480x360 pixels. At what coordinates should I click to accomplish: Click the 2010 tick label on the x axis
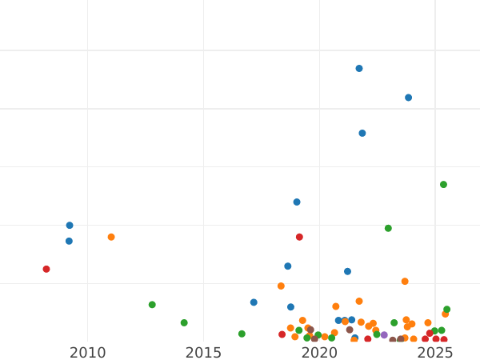(x=87, y=353)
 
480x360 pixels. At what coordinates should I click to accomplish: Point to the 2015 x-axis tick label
(x=203, y=353)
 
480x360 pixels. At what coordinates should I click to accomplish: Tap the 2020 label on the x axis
(x=319, y=353)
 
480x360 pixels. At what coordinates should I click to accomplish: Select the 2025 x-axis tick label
(x=435, y=353)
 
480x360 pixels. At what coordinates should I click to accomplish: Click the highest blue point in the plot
(x=359, y=69)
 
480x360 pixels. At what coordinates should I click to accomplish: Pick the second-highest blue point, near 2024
(x=408, y=98)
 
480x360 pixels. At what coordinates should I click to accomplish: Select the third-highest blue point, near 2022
(x=362, y=134)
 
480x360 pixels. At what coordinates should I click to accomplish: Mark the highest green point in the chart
(x=443, y=185)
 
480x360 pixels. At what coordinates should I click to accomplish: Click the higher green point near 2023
(x=388, y=228)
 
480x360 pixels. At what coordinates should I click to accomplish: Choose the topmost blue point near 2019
(x=297, y=202)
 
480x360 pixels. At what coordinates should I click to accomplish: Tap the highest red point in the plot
(x=299, y=237)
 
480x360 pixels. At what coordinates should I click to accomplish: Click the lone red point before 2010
(x=46, y=269)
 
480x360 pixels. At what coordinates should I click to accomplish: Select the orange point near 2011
(x=111, y=237)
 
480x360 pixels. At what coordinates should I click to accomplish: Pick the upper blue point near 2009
(x=70, y=226)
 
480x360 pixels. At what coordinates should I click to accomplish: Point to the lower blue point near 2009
(x=69, y=241)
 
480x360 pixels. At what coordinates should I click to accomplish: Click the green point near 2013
(x=152, y=305)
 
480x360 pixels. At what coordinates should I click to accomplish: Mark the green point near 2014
(x=184, y=323)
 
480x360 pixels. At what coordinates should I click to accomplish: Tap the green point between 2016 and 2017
(x=242, y=334)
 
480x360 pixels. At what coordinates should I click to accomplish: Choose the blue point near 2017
(x=254, y=302)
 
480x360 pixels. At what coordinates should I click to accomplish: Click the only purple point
(x=384, y=335)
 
